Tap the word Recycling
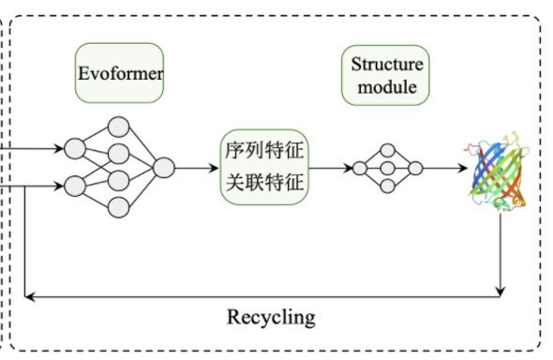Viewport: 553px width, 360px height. point(271,316)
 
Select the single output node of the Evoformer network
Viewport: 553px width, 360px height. point(164,169)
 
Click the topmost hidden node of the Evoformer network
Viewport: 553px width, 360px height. point(118,127)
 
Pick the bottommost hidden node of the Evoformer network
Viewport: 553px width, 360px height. point(118,206)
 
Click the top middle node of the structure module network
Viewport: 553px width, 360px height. point(387,151)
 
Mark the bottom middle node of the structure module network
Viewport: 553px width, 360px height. point(387,187)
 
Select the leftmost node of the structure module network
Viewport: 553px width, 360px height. point(358,169)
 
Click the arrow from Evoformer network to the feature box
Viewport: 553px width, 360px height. point(197,169)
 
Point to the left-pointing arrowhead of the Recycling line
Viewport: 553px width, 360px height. point(31,296)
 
